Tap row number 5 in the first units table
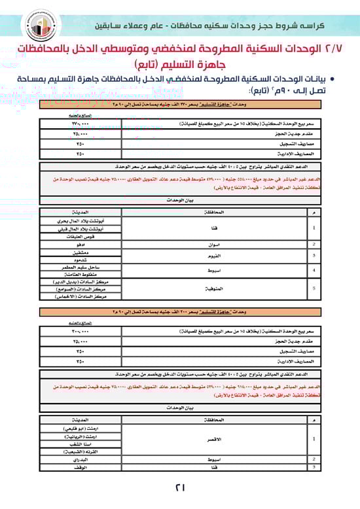pos(316,286)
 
